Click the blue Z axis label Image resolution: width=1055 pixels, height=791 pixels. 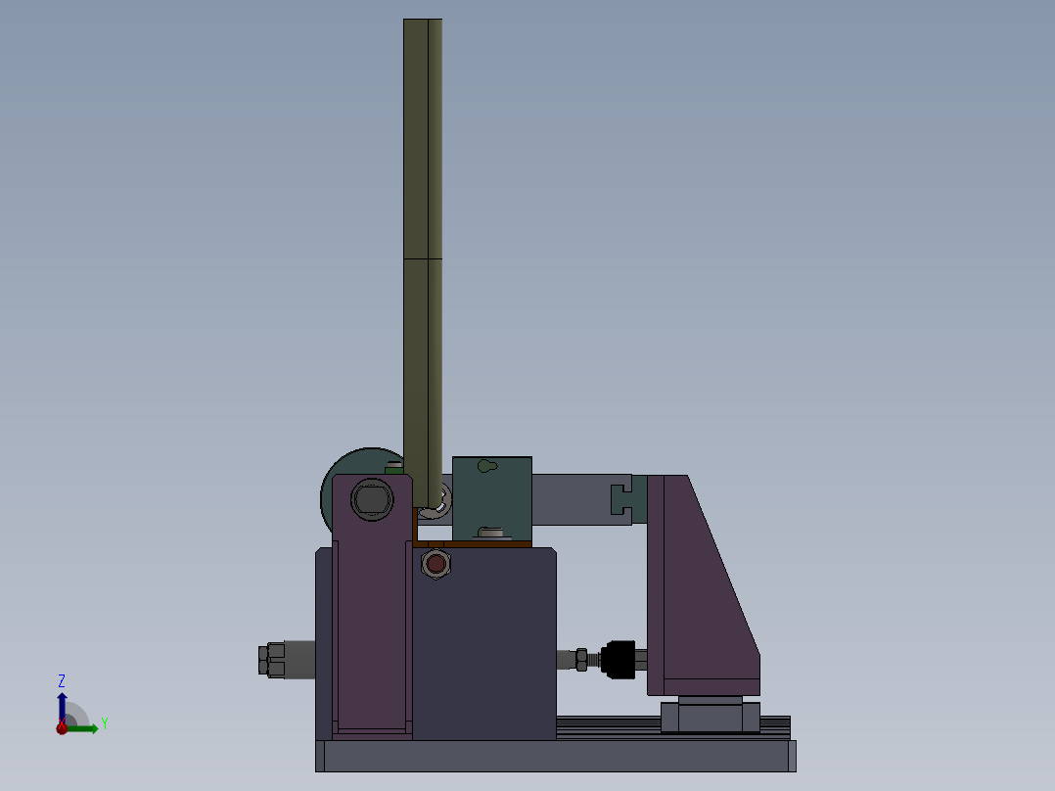[62, 680]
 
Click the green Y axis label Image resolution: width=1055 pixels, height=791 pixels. [104, 723]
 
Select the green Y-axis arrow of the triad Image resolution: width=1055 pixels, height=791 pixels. [85, 728]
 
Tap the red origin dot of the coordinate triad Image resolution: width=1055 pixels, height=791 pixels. [62, 728]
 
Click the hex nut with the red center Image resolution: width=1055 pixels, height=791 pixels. [435, 564]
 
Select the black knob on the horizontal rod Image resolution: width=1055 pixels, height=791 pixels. [619, 658]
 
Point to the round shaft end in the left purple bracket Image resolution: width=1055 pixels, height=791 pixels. [371, 499]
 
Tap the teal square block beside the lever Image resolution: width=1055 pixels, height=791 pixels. [492, 498]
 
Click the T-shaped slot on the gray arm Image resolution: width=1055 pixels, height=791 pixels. [620, 498]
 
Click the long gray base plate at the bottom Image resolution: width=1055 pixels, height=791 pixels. [555, 756]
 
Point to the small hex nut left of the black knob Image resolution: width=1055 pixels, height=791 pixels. [581, 660]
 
